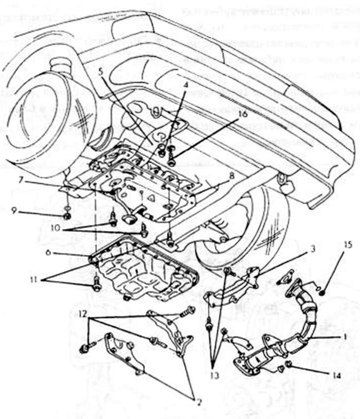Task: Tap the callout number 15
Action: click(x=347, y=245)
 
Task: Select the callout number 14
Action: click(x=336, y=376)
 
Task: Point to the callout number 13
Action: click(x=215, y=376)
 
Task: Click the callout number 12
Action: click(x=83, y=314)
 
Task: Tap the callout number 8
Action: click(x=232, y=176)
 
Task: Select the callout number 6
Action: click(x=48, y=252)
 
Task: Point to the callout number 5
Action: click(x=101, y=73)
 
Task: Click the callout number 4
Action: click(x=186, y=85)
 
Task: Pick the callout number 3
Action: click(x=312, y=249)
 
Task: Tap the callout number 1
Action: click(x=345, y=337)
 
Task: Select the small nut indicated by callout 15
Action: click(x=322, y=293)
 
